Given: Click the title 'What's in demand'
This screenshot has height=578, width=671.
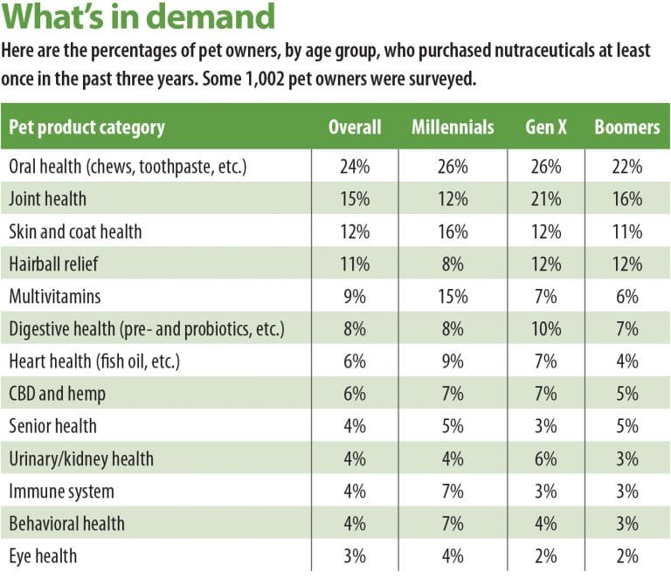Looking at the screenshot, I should click(x=140, y=17).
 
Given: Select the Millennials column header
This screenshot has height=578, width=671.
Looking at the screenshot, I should click(x=453, y=127).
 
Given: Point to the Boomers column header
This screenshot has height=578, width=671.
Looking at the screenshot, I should click(x=626, y=127).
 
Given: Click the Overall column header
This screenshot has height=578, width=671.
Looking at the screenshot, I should click(x=355, y=127).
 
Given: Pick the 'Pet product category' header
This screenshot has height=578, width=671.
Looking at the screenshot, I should click(x=86, y=127).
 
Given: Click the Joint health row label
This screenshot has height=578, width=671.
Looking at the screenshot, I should click(x=47, y=198).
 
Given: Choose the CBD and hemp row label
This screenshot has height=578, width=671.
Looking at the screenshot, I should click(x=57, y=394).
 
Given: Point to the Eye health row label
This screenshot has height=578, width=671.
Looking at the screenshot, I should click(x=43, y=556).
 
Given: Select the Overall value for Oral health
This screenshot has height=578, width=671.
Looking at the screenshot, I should click(x=355, y=166).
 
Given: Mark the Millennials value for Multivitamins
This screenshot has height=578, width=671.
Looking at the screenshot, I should click(x=453, y=296).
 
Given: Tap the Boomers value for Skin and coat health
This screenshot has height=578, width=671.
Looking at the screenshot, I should click(x=626, y=231).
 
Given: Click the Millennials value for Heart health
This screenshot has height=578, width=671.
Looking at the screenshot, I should click(x=453, y=361).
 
